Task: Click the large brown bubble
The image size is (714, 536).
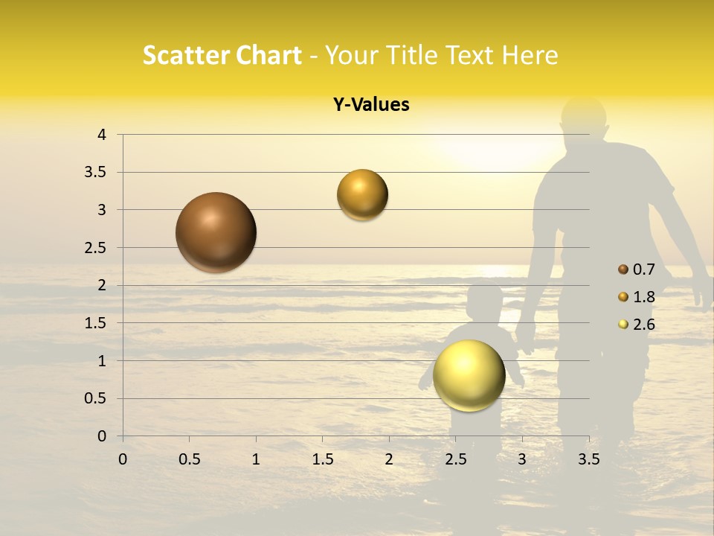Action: click(x=216, y=232)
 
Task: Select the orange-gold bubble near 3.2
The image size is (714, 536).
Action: click(x=362, y=195)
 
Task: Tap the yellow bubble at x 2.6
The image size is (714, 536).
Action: click(x=469, y=375)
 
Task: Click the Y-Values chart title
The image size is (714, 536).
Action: click(x=371, y=105)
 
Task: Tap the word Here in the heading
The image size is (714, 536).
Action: click(x=529, y=55)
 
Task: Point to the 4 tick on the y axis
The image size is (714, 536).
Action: click(x=102, y=135)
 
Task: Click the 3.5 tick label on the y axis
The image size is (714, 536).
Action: click(x=97, y=173)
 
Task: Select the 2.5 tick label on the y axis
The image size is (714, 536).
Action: click(x=97, y=248)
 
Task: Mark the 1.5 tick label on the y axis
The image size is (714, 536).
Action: click(x=97, y=323)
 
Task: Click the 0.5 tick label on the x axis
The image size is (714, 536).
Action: click(x=189, y=459)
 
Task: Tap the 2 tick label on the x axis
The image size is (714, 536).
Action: click(x=389, y=459)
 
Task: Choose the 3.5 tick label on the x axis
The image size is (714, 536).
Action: click(x=588, y=459)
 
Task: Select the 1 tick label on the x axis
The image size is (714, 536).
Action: click(x=256, y=459)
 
